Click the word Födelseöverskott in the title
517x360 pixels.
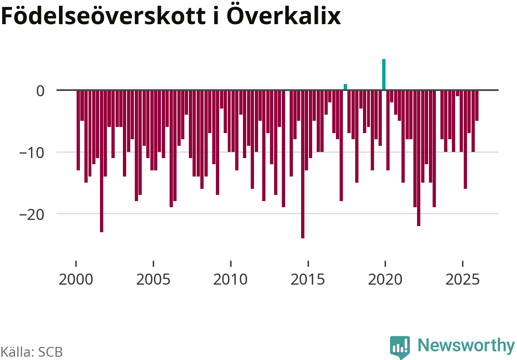pyautogui.click(x=104, y=17)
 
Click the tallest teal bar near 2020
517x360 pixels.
pyautogui.click(x=384, y=75)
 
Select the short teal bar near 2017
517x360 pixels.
pyautogui.click(x=345, y=87)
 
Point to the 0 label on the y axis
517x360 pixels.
pyautogui.click(x=40, y=91)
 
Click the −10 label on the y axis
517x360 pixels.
pyautogui.click(x=33, y=152)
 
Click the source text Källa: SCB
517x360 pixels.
pyautogui.click(x=32, y=351)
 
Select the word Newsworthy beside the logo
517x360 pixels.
pyautogui.click(x=466, y=346)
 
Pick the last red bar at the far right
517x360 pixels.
pyautogui.click(x=477, y=105)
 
